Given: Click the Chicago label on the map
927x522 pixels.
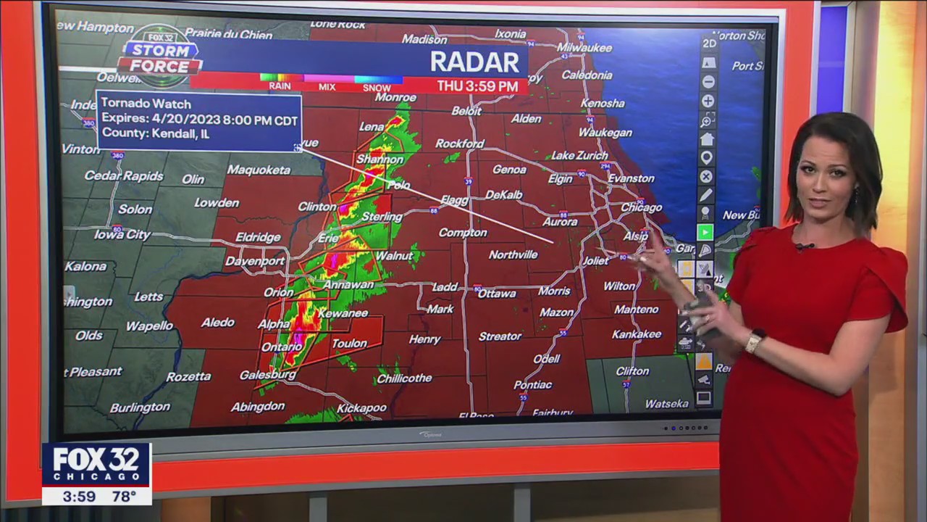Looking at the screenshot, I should pos(641,207).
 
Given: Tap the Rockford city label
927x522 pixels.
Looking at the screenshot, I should pos(459,144).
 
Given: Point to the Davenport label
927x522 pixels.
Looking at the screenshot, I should pos(255,261).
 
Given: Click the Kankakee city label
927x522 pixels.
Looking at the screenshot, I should pos(637,334).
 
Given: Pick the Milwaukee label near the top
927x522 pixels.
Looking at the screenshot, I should pos(585,48).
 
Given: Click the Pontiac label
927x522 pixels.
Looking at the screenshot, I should pos(533,385).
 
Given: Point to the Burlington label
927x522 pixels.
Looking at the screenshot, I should pos(140,408).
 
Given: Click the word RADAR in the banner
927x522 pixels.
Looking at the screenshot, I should pos(475,62).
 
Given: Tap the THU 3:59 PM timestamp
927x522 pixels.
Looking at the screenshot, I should pos(477,86).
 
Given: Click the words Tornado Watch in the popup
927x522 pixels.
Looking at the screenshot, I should pos(146,104).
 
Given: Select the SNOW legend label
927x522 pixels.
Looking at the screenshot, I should pos(376,88).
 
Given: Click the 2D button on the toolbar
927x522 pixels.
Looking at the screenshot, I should pos(709,43).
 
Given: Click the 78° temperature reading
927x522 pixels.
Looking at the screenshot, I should pos(124,497).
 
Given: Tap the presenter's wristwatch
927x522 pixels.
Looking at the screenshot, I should pos(755,340).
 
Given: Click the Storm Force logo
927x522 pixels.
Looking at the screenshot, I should pos(160,56).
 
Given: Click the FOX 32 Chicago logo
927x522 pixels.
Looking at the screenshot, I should pos(96,465).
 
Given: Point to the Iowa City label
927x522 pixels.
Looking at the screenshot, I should pos(122,235).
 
